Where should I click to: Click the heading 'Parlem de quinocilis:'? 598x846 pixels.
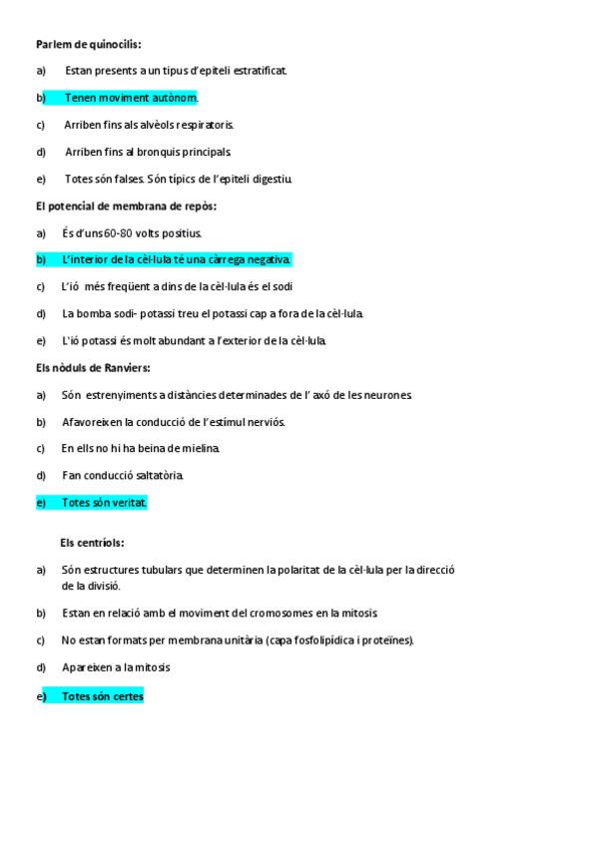point(88,44)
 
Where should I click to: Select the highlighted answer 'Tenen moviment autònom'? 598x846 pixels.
point(130,98)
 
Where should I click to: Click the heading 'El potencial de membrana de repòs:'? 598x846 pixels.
point(126,206)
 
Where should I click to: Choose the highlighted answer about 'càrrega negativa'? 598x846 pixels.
point(176,259)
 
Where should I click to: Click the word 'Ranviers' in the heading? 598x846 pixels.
point(126,367)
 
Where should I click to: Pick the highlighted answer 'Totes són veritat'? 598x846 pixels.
point(103,503)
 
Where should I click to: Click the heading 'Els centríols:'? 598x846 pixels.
point(92,543)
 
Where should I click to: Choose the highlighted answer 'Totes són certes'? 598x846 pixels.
point(102,696)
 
